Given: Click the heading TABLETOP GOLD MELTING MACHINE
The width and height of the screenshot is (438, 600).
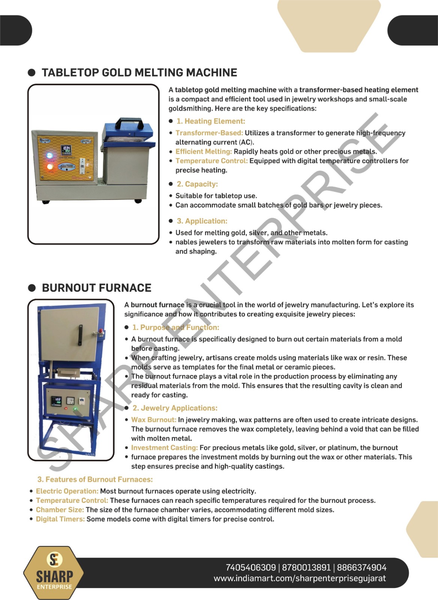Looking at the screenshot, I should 139,73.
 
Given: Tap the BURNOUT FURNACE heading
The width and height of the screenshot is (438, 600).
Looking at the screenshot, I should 96,288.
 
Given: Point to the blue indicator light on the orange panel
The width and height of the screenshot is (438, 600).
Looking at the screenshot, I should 49,156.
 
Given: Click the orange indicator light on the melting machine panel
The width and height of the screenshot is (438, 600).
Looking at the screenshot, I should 49,166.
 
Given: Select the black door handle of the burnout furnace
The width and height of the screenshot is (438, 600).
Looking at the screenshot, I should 80,335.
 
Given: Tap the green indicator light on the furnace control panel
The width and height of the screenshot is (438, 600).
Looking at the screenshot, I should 75,409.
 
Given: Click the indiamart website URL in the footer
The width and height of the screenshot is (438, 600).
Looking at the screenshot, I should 300,578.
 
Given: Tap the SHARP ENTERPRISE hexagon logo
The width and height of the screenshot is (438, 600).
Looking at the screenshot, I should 54,572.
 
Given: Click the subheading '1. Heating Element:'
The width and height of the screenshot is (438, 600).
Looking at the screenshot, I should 211,121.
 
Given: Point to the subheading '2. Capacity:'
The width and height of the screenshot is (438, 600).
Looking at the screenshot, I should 197,184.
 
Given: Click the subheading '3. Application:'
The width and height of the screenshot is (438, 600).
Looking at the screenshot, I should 202,221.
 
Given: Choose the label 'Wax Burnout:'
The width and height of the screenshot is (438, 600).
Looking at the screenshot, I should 154,420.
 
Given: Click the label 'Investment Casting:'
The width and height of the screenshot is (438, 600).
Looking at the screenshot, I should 164,448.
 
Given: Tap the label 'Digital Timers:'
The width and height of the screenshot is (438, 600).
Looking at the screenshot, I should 60,519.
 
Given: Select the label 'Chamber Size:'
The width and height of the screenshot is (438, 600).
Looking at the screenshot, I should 60,510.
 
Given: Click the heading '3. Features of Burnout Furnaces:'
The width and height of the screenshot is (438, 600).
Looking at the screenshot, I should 95,480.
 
